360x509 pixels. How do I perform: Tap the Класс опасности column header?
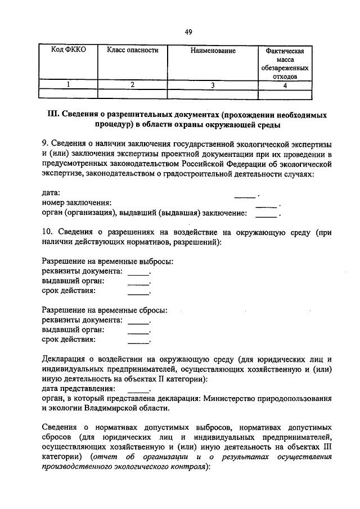point(133,51)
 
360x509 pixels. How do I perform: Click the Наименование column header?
point(213,51)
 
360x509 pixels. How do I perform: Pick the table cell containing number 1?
point(69,85)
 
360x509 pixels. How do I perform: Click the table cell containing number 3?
point(213,85)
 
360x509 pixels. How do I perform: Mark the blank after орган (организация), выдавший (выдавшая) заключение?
point(267,214)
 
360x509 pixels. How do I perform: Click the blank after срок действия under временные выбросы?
point(138,291)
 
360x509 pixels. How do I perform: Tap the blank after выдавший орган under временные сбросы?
point(138,330)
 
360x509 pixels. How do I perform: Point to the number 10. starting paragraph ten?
point(48,232)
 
